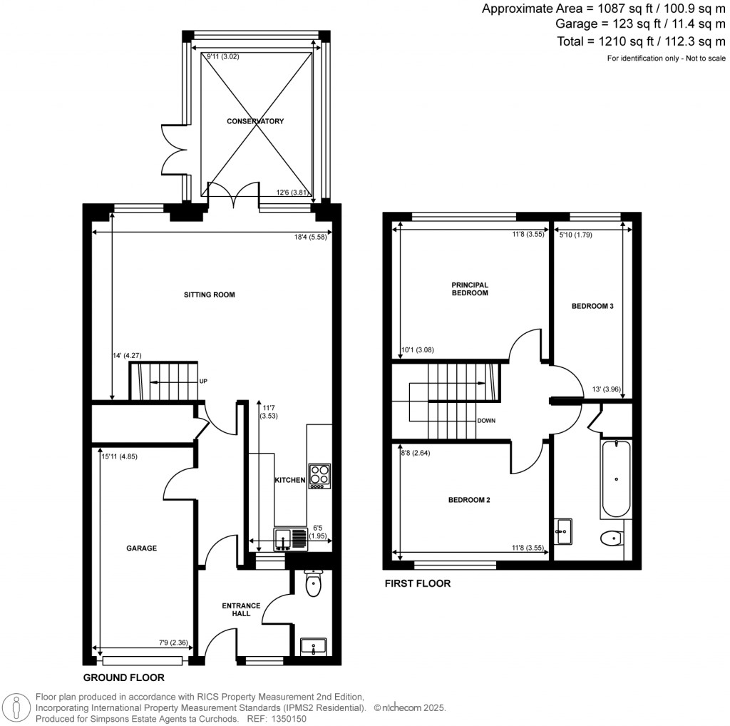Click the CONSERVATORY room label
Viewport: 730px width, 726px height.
click(255, 121)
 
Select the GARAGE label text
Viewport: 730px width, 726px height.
click(141, 548)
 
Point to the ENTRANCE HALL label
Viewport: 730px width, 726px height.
click(236, 609)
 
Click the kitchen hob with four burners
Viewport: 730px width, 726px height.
click(319, 476)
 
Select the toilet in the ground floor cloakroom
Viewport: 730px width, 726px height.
click(313, 584)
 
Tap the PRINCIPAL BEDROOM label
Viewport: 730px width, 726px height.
click(470, 288)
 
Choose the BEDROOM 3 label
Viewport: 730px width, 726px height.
click(592, 306)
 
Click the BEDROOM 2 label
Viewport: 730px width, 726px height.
click(468, 500)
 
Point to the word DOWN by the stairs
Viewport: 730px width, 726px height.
click(486, 421)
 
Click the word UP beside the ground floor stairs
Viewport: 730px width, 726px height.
click(203, 382)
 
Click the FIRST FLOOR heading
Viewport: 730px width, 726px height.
click(418, 583)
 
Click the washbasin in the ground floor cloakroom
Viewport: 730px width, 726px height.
click(313, 646)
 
